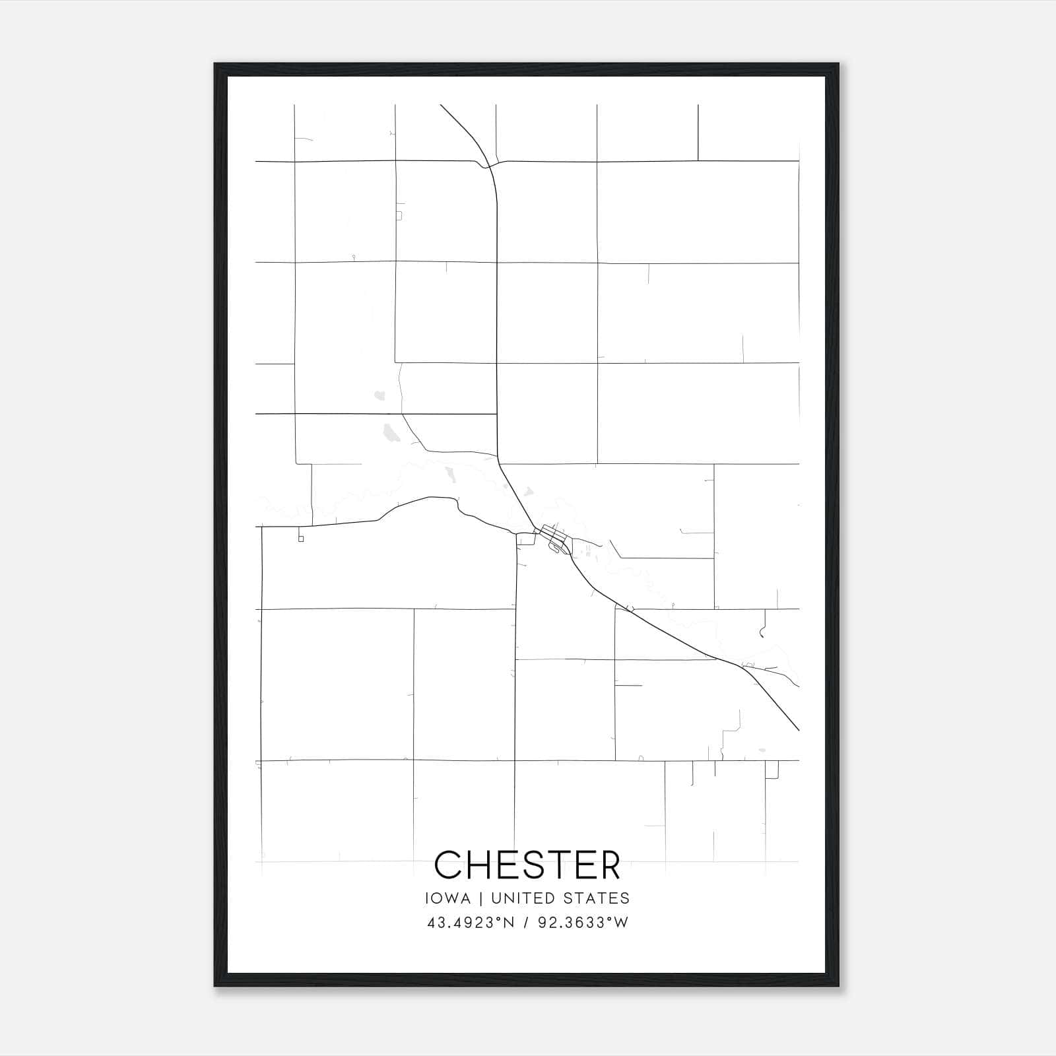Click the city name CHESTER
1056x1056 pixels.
(527, 865)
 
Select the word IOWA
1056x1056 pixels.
(448, 898)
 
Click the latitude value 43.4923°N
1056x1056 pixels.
(470, 923)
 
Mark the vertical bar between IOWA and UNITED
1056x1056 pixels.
(481, 898)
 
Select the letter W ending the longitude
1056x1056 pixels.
(621, 923)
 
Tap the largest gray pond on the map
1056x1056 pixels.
(390, 433)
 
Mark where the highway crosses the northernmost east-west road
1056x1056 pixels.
(489, 166)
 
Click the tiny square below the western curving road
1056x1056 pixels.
(301, 539)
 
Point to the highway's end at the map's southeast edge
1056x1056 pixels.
(799, 730)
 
